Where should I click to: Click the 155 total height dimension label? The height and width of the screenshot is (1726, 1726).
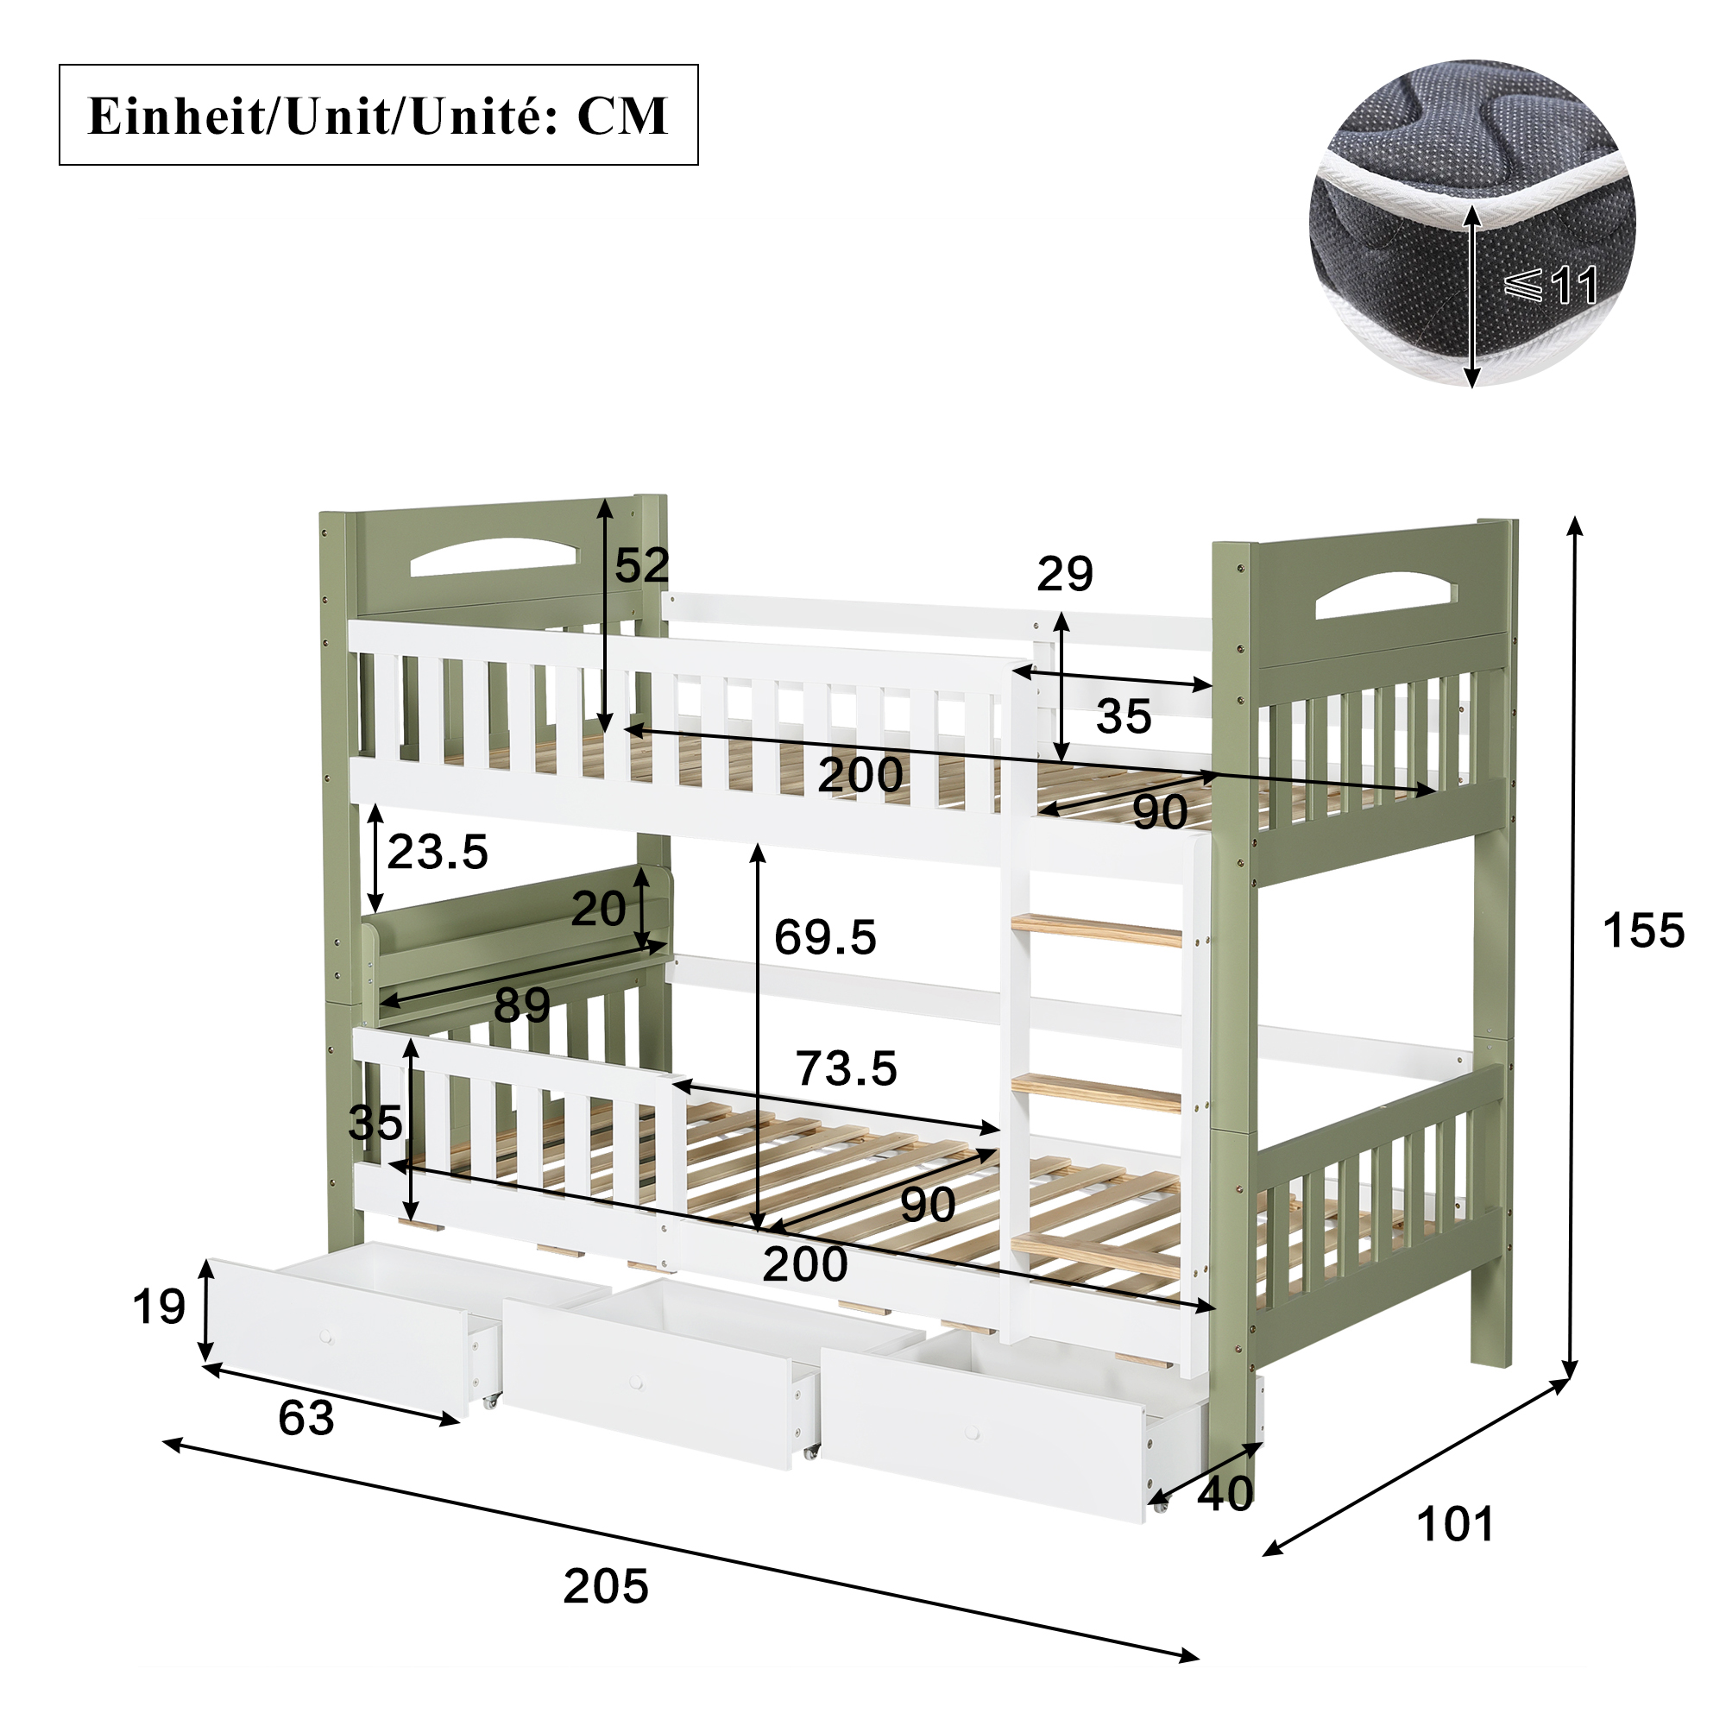pyautogui.click(x=1643, y=931)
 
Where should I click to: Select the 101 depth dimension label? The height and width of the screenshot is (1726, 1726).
pyautogui.click(x=1455, y=1525)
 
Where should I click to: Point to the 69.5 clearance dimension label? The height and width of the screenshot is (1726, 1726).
pyautogui.click(x=826, y=937)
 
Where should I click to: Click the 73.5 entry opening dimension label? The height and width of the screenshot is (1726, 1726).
pyautogui.click(x=846, y=1068)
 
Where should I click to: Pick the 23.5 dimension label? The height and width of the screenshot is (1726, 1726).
pyautogui.click(x=438, y=852)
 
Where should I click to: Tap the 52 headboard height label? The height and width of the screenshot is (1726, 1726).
pyautogui.click(x=642, y=565)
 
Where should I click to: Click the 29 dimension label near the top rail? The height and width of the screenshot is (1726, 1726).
pyautogui.click(x=1065, y=574)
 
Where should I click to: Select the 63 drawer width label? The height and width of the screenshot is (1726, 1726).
pyautogui.click(x=306, y=1418)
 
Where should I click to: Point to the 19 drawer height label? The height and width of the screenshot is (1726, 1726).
pyautogui.click(x=159, y=1307)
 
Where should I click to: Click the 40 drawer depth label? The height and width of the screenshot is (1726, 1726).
pyautogui.click(x=1225, y=1493)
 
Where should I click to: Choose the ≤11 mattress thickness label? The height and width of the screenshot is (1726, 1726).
pyautogui.click(x=1551, y=285)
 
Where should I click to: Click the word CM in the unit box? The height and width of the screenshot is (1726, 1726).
pyautogui.click(x=623, y=117)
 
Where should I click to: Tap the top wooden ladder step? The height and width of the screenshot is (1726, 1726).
pyautogui.click(x=1096, y=930)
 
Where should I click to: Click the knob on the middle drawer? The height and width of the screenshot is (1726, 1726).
pyautogui.click(x=635, y=1383)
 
